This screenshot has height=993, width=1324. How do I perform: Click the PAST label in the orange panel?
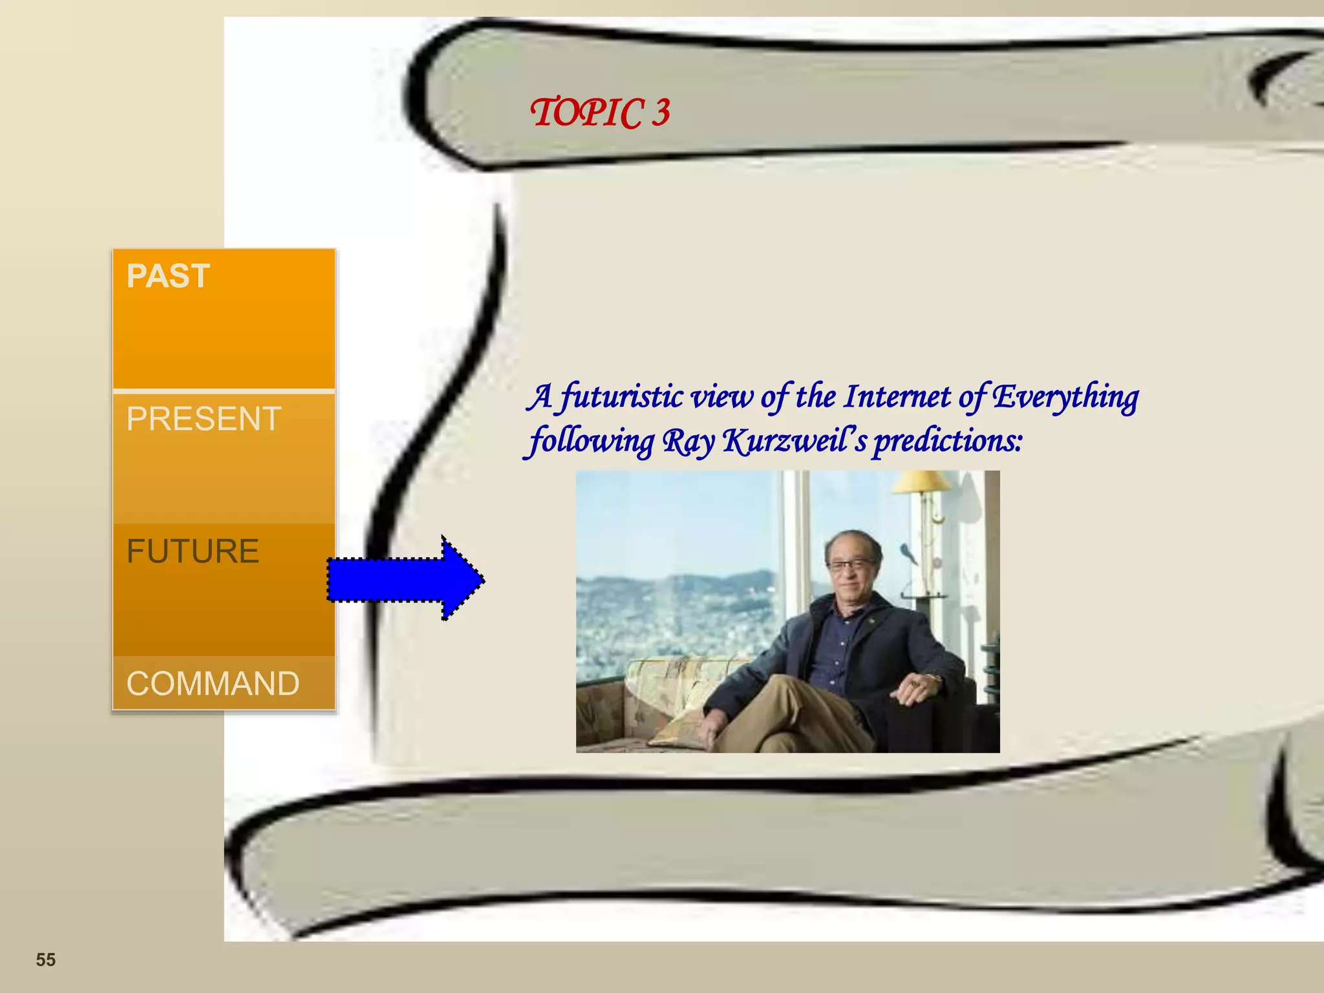pos(168,276)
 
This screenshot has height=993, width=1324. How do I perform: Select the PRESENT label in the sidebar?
pos(204,418)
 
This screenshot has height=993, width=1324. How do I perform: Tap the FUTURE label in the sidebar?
pos(193,551)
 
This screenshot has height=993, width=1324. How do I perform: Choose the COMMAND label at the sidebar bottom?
pos(213,683)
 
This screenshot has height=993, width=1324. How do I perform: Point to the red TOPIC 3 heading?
pos(600,112)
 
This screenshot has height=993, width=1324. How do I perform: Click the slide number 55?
pos(45,960)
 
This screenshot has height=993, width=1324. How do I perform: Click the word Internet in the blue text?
pos(897,396)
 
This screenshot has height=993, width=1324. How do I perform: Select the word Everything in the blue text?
pos(1065,398)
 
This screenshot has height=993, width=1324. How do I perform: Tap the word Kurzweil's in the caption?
pos(795,442)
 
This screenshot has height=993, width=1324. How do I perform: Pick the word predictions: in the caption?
pos(948,442)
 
